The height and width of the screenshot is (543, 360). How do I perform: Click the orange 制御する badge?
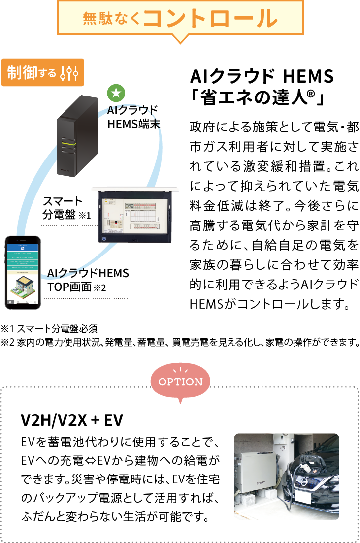(x=42, y=72)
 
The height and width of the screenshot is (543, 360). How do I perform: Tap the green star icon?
(x=116, y=92)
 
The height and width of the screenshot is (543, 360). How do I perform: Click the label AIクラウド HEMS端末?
(x=133, y=117)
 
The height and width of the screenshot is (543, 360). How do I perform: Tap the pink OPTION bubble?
(x=180, y=382)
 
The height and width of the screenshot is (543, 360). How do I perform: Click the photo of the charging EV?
(x=286, y=476)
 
